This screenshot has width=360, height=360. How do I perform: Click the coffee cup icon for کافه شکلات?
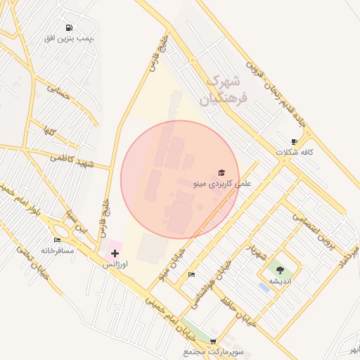294,141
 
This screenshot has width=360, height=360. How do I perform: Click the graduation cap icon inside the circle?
222,173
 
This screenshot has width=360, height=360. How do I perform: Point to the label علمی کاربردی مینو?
221,184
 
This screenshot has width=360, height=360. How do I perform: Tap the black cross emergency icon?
115,252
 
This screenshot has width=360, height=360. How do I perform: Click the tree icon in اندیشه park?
281,270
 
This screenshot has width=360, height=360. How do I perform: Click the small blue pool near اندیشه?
264,287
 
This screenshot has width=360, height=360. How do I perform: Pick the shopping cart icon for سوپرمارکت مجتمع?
213,340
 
